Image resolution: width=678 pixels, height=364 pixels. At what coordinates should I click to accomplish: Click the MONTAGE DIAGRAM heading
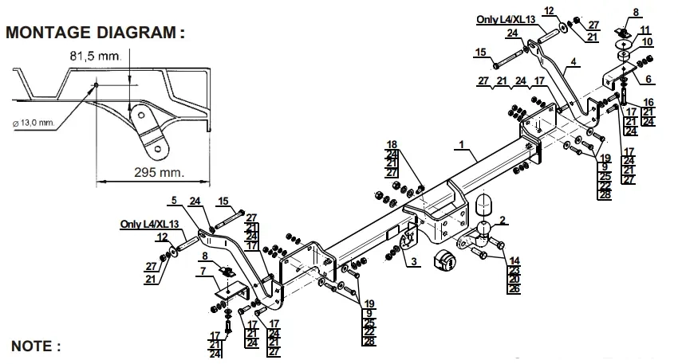(95, 33)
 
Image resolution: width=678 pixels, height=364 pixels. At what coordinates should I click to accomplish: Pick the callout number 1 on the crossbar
(461, 145)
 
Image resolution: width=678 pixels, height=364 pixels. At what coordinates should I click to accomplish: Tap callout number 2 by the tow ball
(502, 219)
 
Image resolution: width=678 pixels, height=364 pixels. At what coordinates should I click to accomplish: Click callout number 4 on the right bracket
(573, 61)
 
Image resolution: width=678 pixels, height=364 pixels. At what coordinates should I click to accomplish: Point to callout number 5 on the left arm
(174, 199)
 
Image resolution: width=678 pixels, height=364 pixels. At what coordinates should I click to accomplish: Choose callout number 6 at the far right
(648, 79)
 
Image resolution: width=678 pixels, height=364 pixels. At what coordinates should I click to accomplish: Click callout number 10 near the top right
(647, 41)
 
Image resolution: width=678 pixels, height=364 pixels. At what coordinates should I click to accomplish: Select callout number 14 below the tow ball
(514, 260)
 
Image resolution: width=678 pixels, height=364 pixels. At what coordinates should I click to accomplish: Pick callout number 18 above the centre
(392, 143)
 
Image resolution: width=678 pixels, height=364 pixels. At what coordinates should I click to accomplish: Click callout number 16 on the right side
(648, 102)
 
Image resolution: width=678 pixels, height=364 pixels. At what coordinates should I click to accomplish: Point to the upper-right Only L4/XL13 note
(508, 20)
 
